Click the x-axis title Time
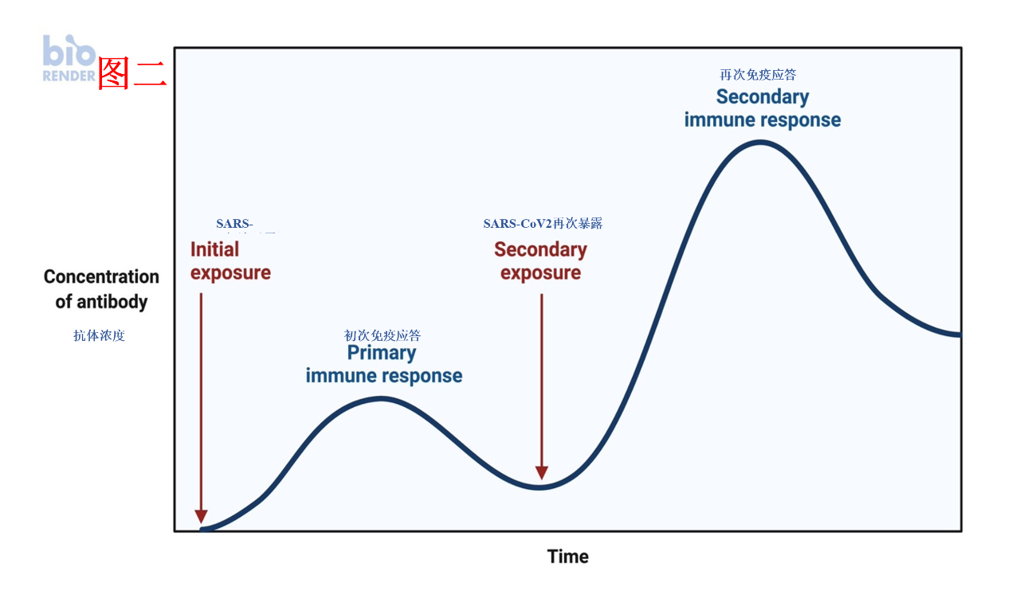point(567,557)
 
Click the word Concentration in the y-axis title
point(101,277)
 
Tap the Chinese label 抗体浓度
point(99,335)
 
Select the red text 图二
point(131,74)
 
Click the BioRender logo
point(69,58)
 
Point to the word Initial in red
point(214,249)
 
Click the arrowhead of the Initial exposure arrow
point(201,515)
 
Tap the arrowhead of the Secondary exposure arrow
point(542,472)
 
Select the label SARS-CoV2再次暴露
point(543,224)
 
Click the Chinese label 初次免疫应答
point(382,335)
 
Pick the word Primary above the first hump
point(382,352)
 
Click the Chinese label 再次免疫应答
point(758,75)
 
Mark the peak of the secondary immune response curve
point(761,142)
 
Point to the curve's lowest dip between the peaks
point(540,487)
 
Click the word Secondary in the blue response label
point(763,97)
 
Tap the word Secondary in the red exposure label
point(540,249)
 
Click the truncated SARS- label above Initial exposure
point(234,224)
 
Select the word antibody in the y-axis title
point(112,302)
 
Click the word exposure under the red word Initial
point(230,272)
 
